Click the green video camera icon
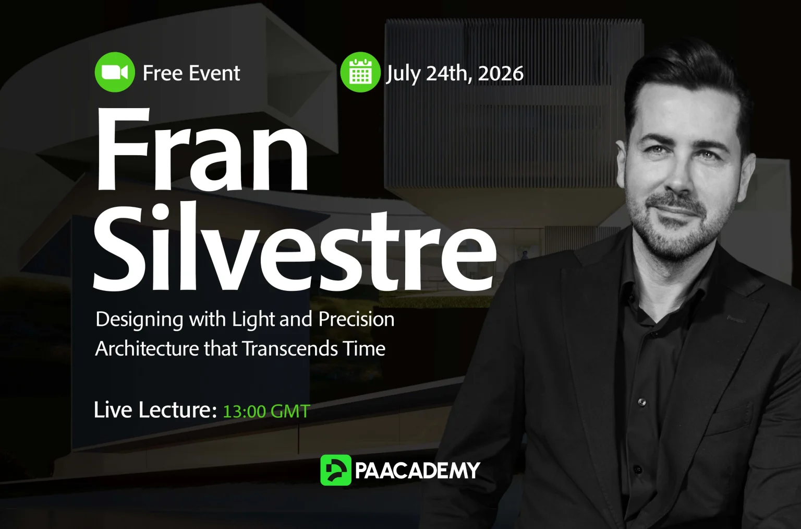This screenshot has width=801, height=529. [115, 72]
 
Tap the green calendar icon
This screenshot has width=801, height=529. [360, 72]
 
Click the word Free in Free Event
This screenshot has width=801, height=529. [163, 73]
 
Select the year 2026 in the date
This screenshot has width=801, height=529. [500, 74]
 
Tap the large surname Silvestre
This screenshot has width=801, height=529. [295, 246]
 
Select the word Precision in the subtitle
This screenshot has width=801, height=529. [356, 319]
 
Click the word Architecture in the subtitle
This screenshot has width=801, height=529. [147, 348]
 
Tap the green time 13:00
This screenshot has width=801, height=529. [244, 412]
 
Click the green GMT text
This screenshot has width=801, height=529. [290, 412]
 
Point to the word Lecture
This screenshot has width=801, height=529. [178, 410]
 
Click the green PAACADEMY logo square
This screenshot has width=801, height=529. [336, 470]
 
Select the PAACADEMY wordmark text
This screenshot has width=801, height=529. [417, 471]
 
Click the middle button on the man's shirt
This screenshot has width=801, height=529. [641, 402]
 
